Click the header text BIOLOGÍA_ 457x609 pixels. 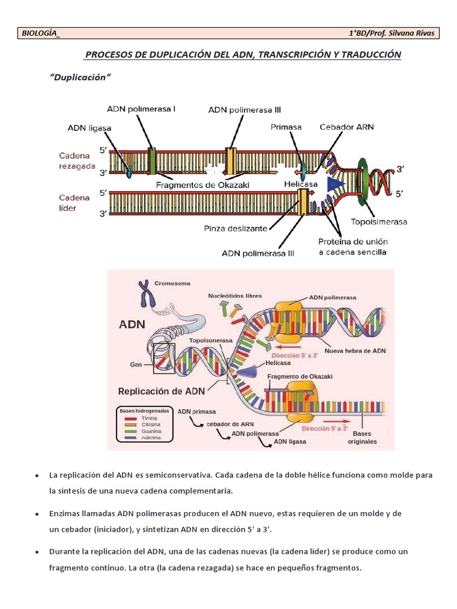click(40, 33)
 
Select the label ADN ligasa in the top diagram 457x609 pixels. click(89, 127)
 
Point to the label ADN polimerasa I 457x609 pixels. click(141, 109)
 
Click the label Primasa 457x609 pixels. click(286, 127)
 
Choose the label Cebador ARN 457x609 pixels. click(346, 127)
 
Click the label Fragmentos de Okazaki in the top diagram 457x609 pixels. click(202, 185)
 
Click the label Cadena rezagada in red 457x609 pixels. click(77, 161)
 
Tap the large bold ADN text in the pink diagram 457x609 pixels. click(132, 325)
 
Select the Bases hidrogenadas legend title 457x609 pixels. click(145, 411)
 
